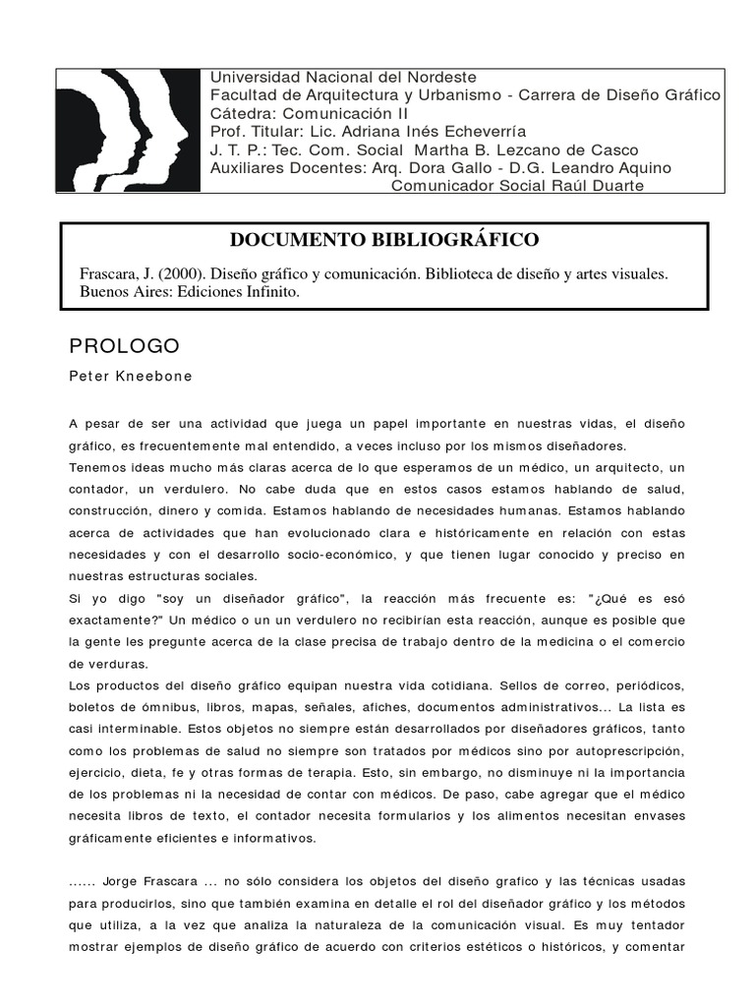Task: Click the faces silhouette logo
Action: tap(129, 131)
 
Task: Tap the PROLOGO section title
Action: tap(124, 346)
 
